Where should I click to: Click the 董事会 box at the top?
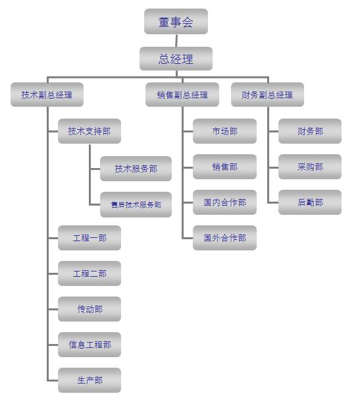(176, 22)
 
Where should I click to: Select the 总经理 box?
(176, 59)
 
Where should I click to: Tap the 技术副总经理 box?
(47, 95)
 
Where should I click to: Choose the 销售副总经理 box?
(182, 95)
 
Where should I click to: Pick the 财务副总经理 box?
(267, 95)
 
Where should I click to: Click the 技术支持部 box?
(90, 131)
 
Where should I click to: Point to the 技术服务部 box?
(136, 169)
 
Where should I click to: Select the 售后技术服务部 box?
(136, 204)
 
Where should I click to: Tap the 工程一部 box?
(90, 238)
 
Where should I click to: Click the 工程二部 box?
(90, 273)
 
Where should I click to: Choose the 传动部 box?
(90, 309)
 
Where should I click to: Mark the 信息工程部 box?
(90, 345)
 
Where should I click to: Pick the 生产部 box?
(90, 380)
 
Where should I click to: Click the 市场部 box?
(224, 131)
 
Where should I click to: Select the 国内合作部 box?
(224, 202)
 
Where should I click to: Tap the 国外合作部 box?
(224, 238)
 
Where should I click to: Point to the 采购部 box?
(310, 167)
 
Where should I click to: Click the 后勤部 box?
(310, 202)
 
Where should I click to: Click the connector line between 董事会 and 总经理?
(176, 41)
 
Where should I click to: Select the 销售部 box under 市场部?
(224, 167)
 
